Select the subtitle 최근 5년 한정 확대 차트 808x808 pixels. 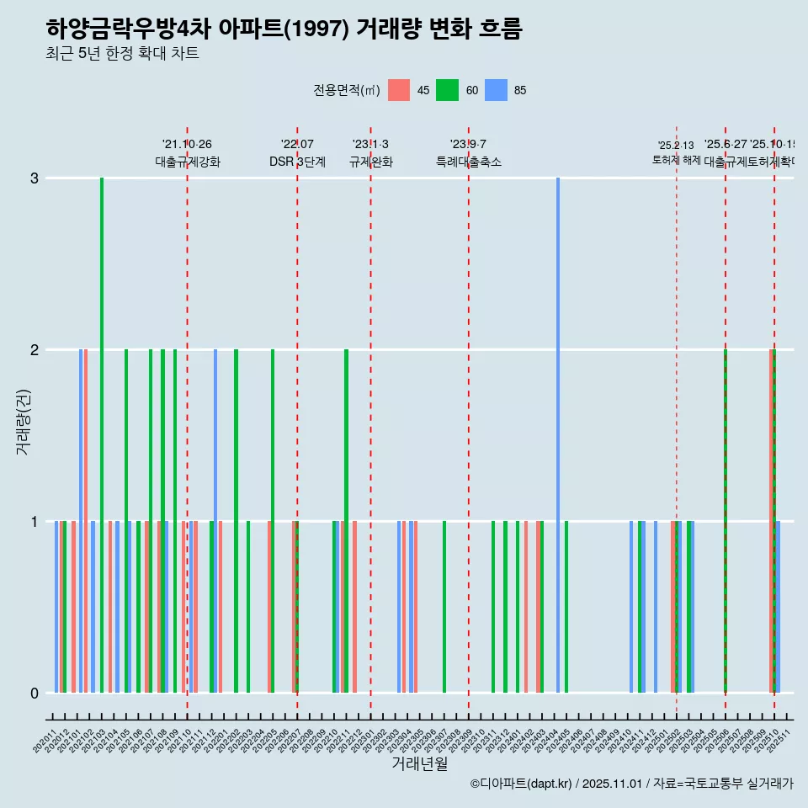pos(122,54)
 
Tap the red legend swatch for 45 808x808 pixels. pos(399,91)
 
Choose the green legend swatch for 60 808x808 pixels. pos(447,91)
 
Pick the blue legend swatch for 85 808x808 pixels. pos(496,91)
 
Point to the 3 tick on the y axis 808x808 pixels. pos(34,178)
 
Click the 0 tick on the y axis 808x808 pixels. pos(34,693)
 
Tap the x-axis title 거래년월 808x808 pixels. pos(419,763)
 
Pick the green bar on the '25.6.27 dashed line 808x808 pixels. pos(726,522)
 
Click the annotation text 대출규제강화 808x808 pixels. pos(187,162)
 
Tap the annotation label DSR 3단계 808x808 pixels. pos(297,162)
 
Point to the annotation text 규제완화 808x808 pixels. pos(370,162)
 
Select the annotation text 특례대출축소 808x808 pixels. pos(468,162)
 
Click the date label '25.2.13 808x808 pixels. pos(676,146)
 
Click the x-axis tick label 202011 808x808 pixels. pos(45,736)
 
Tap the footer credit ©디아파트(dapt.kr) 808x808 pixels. pos(522,784)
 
